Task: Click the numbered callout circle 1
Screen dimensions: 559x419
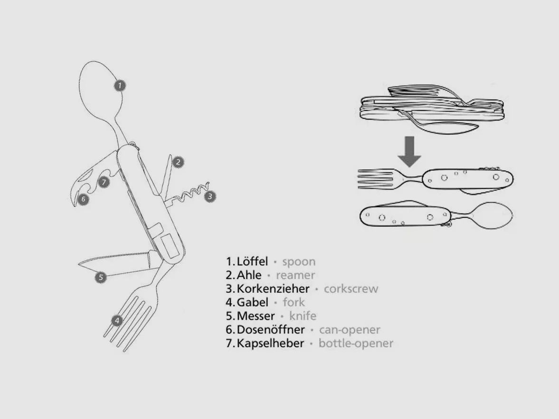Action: (120, 85)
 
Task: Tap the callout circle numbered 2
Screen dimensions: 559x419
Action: (178, 162)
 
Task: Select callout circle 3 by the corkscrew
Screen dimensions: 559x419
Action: (210, 196)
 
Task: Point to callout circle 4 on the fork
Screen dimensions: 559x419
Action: (117, 320)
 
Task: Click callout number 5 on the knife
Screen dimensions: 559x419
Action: (101, 277)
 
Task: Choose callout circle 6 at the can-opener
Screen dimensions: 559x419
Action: (83, 199)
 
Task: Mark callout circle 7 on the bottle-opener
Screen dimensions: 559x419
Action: (104, 182)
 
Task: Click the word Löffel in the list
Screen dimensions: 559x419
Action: (252, 261)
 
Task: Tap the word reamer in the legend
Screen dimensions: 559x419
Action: (295, 275)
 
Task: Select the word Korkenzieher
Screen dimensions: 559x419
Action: (273, 289)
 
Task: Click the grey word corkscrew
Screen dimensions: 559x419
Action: (351, 289)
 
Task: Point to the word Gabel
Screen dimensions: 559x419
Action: (252, 302)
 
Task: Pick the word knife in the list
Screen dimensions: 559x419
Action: (303, 316)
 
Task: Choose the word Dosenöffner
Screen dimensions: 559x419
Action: (271, 329)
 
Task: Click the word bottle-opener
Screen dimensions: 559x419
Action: (356, 343)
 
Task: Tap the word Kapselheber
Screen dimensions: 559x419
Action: (270, 343)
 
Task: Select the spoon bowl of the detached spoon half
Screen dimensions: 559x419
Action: (492, 215)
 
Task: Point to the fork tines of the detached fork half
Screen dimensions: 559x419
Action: (376, 178)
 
